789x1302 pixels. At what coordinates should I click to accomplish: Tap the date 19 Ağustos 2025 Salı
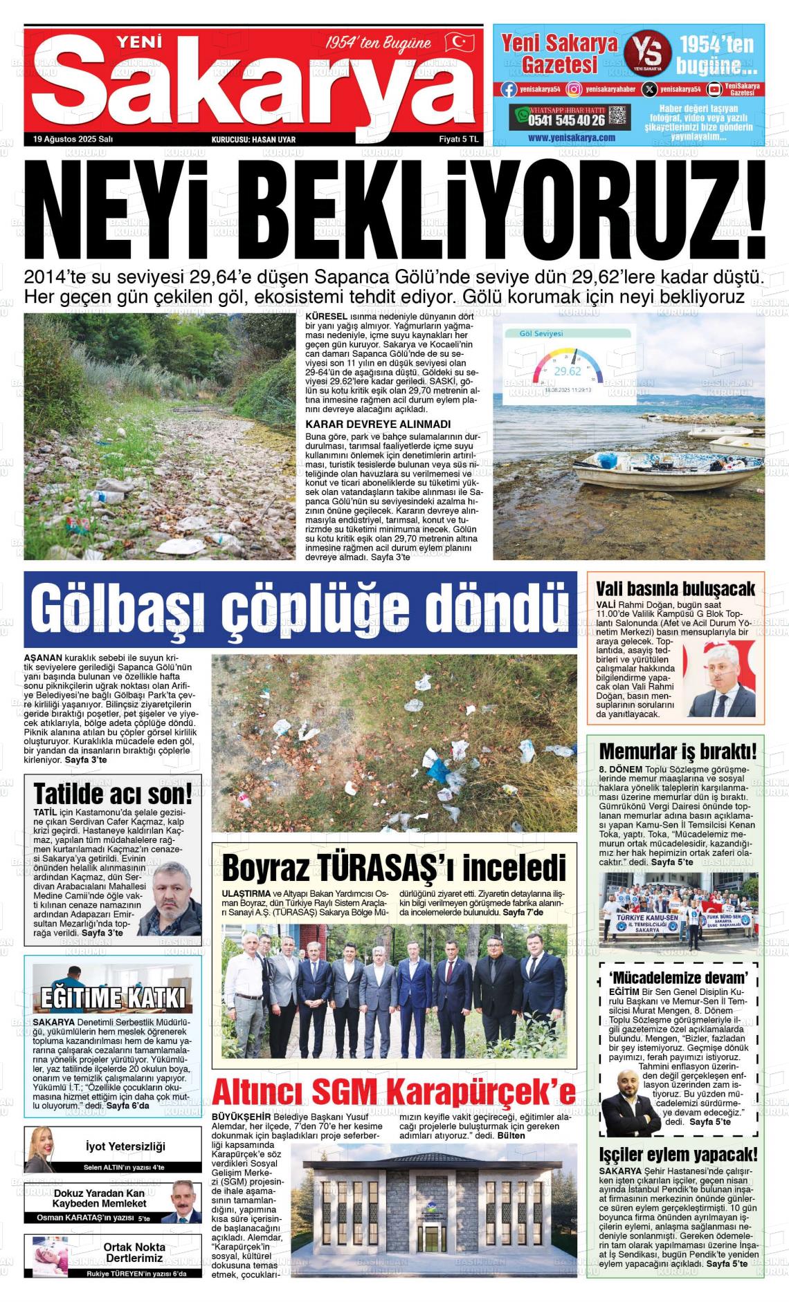[73, 139]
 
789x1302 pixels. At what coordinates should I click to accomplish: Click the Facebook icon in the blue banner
[509, 89]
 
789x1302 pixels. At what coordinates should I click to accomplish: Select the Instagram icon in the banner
[574, 89]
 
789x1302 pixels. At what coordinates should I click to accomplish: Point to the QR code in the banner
[619, 116]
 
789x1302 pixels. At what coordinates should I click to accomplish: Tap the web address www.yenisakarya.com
[571, 138]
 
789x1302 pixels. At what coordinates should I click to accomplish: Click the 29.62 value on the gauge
[568, 371]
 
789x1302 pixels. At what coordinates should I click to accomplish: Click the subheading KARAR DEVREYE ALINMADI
[378, 424]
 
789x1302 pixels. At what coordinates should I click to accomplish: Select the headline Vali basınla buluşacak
[675, 588]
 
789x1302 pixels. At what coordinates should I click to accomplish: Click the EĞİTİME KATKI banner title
[113, 998]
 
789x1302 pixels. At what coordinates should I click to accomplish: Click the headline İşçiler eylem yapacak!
[678, 1154]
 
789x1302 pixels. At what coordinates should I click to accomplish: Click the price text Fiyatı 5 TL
[458, 139]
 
